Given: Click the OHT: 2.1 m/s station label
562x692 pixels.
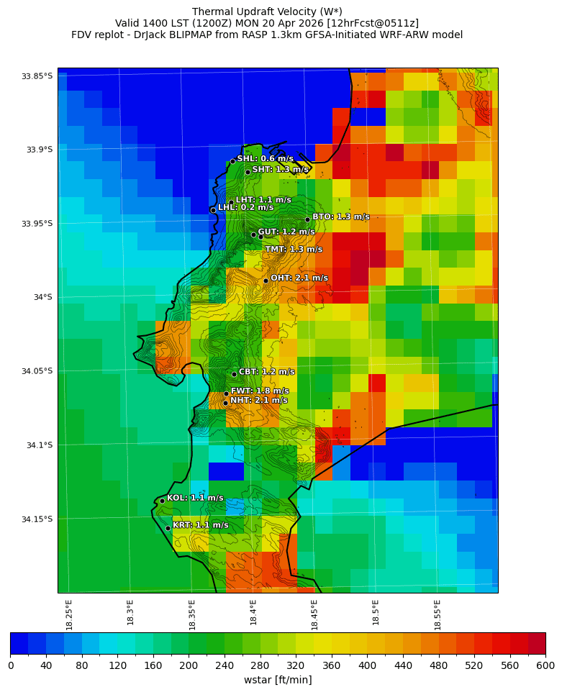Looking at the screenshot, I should [x=299, y=278].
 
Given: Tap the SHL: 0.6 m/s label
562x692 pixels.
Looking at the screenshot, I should [x=265, y=158].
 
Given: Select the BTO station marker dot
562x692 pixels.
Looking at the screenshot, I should [x=307, y=219].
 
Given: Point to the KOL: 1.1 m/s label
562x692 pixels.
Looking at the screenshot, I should [x=195, y=498].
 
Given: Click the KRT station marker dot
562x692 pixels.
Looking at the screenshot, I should [x=168, y=528].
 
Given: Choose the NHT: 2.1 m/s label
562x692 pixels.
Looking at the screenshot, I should [x=258, y=401].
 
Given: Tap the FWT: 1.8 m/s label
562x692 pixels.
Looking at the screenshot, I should [x=259, y=391].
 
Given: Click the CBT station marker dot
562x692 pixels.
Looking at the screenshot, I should [x=234, y=374].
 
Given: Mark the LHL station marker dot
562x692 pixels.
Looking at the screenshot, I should [x=213, y=210].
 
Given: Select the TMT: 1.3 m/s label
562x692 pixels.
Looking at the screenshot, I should [x=294, y=250].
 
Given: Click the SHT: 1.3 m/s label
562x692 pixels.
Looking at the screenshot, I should [x=280, y=170].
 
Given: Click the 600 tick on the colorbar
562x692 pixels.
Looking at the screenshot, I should [x=545, y=665].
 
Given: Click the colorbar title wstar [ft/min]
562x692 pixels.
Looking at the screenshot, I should [x=278, y=680].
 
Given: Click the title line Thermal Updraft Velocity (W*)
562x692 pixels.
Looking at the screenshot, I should [x=266, y=12].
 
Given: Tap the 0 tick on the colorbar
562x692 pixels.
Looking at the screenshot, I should [x=11, y=665].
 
